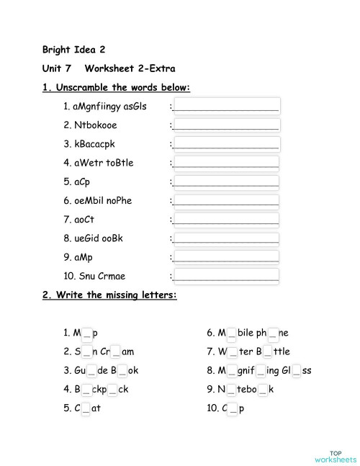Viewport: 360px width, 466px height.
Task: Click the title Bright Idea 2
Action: pyautogui.click(x=73, y=50)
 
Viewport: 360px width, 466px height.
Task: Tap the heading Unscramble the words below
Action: pyautogui.click(x=116, y=87)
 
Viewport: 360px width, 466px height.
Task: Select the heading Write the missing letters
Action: pyautogui.click(x=109, y=295)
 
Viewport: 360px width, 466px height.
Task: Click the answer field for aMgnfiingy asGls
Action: pyautogui.click(x=226, y=107)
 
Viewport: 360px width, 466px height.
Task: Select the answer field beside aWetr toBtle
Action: pyautogui.click(x=226, y=163)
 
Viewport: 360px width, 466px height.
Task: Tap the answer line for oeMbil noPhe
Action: pyautogui.click(x=226, y=200)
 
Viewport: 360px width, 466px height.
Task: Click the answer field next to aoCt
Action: pyautogui.click(x=226, y=219)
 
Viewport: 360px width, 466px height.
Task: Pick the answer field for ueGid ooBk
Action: pyautogui.click(x=226, y=238)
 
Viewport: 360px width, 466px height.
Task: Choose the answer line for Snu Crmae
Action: pyautogui.click(x=226, y=275)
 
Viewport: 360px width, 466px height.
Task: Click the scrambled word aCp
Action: pyautogui.click(x=80, y=182)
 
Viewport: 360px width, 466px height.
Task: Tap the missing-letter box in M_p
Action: pyautogui.click(x=86, y=333)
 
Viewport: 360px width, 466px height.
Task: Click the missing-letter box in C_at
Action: pyautogui.click(x=86, y=408)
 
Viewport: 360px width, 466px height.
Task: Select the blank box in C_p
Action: pyautogui.click(x=232, y=408)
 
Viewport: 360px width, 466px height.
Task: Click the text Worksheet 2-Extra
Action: pyautogui.click(x=130, y=68)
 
